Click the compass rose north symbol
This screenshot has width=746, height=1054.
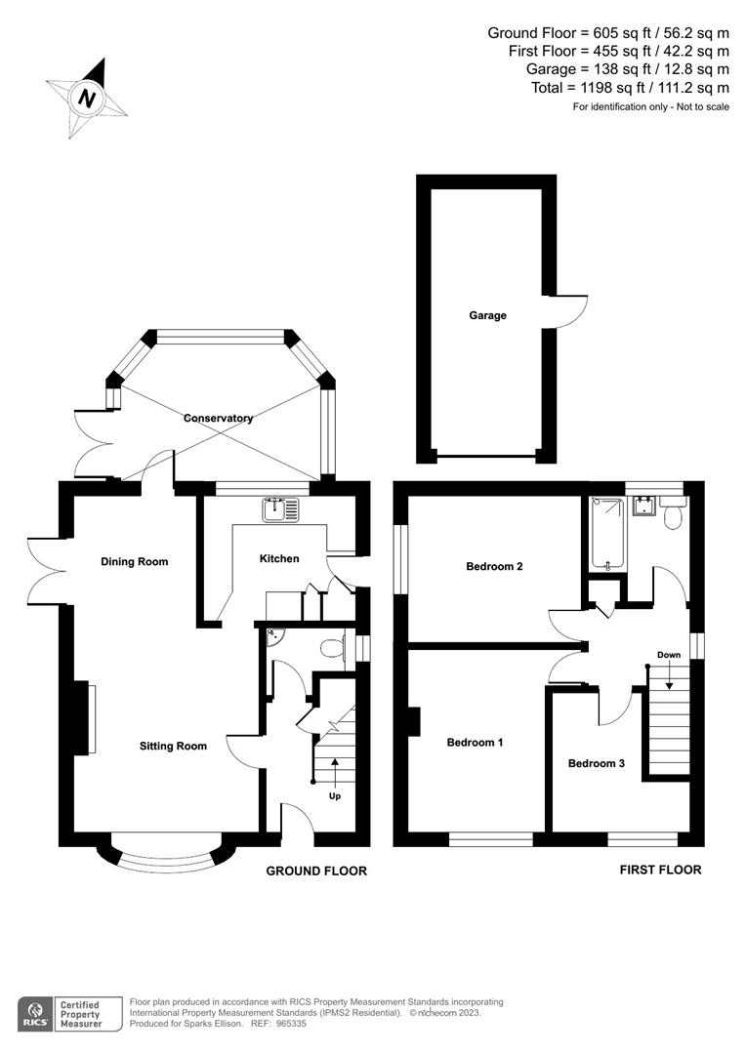pyautogui.click(x=88, y=99)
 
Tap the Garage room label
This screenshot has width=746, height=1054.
pyautogui.click(x=487, y=315)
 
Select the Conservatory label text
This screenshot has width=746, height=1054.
pyautogui.click(x=218, y=418)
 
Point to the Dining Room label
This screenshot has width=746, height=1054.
pyautogui.click(x=135, y=561)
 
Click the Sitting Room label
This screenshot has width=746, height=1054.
pyautogui.click(x=173, y=746)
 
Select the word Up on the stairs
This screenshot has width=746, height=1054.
pyautogui.click(x=335, y=796)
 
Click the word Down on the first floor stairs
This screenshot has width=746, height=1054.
pyautogui.click(x=669, y=655)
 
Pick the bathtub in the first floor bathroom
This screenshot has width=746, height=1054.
pyautogui.click(x=607, y=533)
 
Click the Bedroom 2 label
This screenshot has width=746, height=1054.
pyautogui.click(x=495, y=566)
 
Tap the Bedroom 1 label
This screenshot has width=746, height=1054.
pyautogui.click(x=475, y=742)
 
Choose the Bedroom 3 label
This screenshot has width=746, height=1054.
pyautogui.click(x=596, y=763)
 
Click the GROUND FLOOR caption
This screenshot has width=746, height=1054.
pyautogui.click(x=316, y=871)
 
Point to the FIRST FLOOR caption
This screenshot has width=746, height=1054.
pyautogui.click(x=660, y=870)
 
